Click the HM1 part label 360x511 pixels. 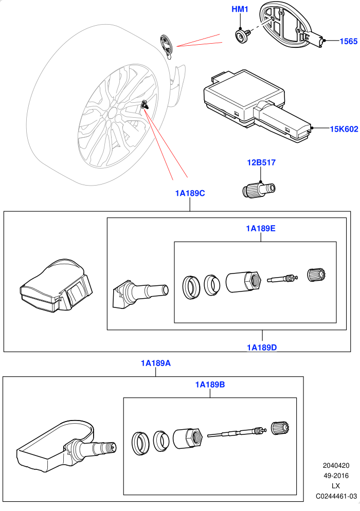[240, 9]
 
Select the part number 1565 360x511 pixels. [349, 41]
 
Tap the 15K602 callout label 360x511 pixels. [344, 129]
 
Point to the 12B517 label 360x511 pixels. [261, 162]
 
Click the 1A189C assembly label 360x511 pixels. [190, 193]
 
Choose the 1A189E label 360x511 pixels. [261, 228]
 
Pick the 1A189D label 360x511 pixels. [262, 348]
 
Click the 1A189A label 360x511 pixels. [155, 363]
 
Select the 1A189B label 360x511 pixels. [210, 385]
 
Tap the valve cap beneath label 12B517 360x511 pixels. [259, 190]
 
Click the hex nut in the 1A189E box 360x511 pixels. [244, 282]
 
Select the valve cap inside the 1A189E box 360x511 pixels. [317, 275]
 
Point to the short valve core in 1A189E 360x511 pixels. [282, 279]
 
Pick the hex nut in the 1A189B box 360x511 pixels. [188, 439]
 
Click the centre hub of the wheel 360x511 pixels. [112, 113]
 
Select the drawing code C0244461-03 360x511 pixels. [336, 496]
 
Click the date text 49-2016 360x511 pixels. [336, 476]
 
